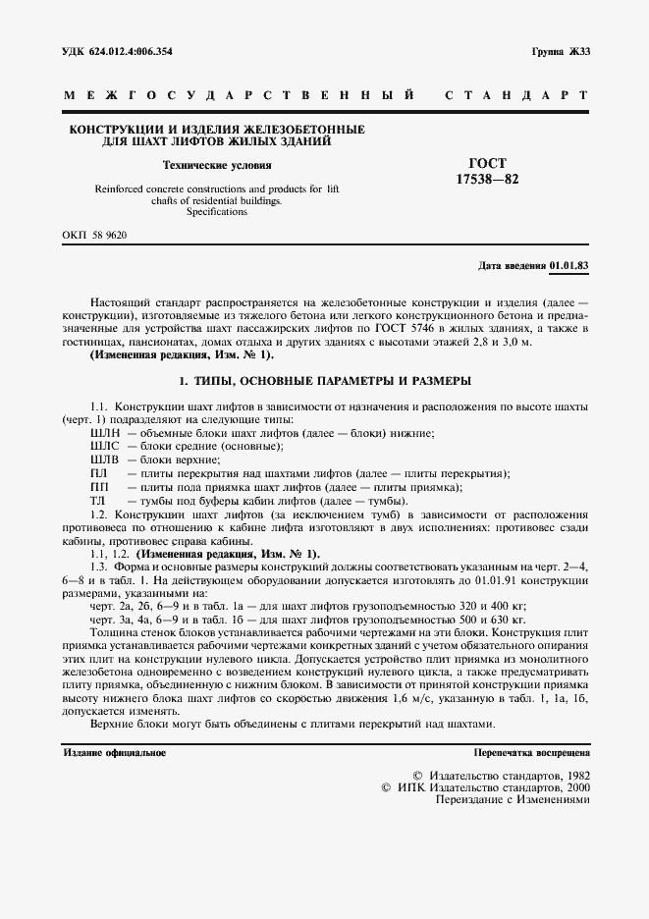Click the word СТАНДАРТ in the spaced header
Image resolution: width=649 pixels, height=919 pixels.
tap(516, 96)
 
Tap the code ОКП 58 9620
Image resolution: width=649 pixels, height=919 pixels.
tap(94, 236)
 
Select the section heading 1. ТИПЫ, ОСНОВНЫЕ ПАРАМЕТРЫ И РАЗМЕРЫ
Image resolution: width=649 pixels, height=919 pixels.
tap(324, 380)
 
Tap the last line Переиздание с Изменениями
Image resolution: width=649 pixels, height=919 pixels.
tap(513, 800)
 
